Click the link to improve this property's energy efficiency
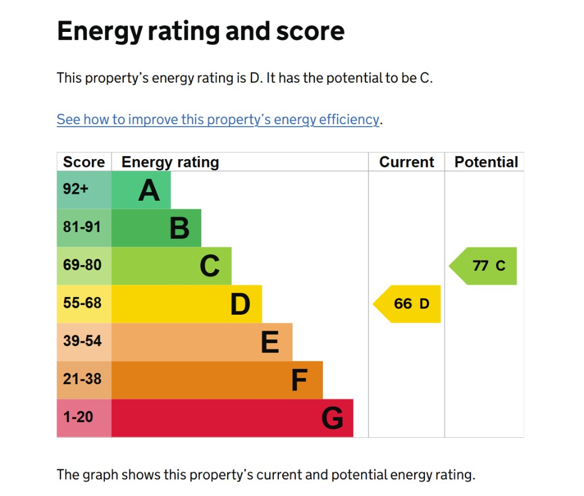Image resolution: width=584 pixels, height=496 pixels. click(218, 120)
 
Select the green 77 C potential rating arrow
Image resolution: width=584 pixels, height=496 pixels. click(485, 266)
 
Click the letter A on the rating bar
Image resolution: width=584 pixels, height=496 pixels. click(149, 190)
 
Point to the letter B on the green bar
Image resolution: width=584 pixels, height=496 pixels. click(179, 228)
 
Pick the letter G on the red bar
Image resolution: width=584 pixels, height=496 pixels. click(332, 418)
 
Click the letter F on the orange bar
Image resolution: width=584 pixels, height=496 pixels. click(299, 380)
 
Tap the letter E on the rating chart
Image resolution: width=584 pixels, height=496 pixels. click(270, 343)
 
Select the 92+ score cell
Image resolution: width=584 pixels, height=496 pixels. click(76, 189)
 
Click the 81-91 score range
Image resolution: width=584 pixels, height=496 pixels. click(82, 227)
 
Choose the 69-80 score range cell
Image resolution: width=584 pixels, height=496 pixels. click(82, 266)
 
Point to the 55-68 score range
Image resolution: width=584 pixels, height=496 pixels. click(82, 303)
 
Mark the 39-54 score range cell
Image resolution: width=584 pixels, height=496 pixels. click(82, 341)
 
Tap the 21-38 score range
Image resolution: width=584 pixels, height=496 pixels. click(82, 379)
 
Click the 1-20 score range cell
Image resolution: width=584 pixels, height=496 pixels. click(78, 417)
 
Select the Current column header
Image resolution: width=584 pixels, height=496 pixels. click(407, 162)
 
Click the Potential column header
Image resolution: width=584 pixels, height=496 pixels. click(486, 162)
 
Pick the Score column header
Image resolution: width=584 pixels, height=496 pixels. click(84, 162)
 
